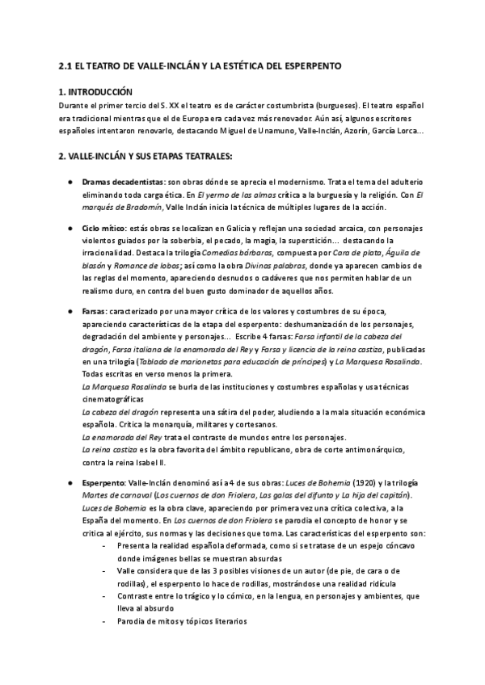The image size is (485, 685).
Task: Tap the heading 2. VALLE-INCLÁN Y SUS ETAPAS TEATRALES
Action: point(140,155)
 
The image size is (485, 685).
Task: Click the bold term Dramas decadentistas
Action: point(119,183)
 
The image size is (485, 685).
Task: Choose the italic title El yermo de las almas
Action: point(230,195)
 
